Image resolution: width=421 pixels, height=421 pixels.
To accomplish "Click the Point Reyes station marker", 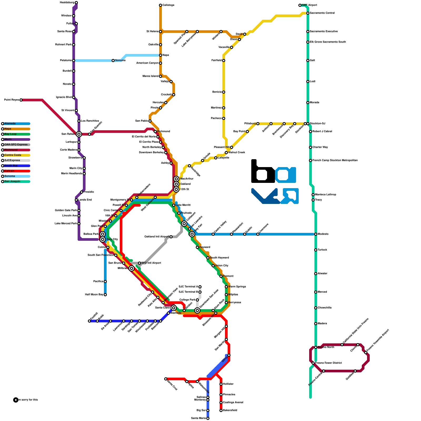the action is pyautogui.click(x=21, y=100).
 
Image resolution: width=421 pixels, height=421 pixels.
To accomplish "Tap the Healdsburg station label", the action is pyautogui.click(x=67, y=3).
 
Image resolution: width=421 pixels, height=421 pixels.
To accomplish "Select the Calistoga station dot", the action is pyautogui.click(x=161, y=5).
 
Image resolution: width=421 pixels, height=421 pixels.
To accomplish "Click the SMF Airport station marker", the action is pyautogui.click(x=300, y=5).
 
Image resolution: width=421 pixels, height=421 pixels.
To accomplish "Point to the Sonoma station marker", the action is pyautogui.click(x=113, y=61).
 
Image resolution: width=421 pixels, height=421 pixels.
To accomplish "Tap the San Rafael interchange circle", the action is pyautogui.click(x=79, y=134).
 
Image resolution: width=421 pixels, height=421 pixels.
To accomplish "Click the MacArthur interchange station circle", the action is pyautogui.click(x=176, y=179).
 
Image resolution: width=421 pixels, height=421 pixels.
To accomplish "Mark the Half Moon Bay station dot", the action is pyautogui.click(x=105, y=295).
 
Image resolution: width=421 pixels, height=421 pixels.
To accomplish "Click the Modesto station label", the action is pyautogui.click(x=323, y=234).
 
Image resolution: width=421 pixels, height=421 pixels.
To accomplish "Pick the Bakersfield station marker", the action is pyautogui.click(x=221, y=410).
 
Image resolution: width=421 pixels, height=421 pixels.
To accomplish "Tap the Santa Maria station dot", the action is pyautogui.click(x=208, y=418).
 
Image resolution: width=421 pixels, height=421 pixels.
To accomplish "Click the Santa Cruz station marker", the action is pyautogui.click(x=166, y=379).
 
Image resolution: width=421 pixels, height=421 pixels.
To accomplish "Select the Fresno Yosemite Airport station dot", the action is pyautogui.click(x=366, y=353).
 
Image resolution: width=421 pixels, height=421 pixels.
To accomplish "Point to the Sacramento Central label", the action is pyautogui.click(x=322, y=13).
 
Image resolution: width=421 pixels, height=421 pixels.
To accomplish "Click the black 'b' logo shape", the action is pyautogui.click(x=262, y=174).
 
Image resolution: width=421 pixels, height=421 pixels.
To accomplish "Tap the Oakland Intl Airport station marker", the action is pyautogui.click(x=171, y=237).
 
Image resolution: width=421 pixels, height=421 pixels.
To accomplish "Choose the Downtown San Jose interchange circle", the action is pyautogui.click(x=197, y=310).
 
